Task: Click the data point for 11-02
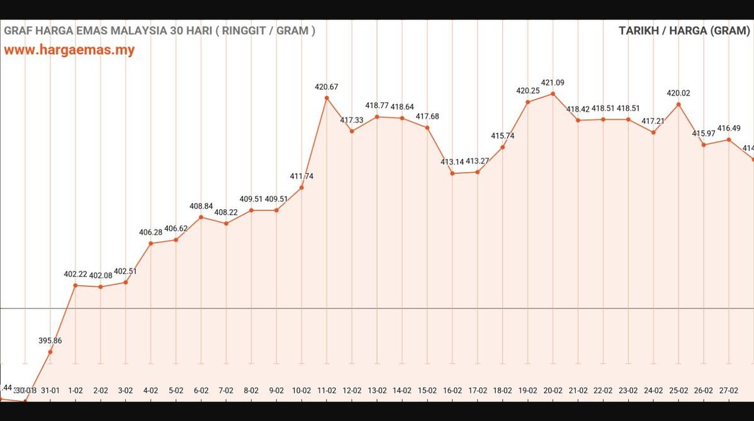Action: (x=327, y=97)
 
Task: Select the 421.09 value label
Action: (x=553, y=82)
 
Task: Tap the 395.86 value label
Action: (x=50, y=341)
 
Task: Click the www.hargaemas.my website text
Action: (x=69, y=50)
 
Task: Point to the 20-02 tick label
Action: (x=553, y=390)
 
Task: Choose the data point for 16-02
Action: (x=453, y=173)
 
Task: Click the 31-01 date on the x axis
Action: (x=50, y=390)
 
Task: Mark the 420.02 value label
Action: (x=678, y=93)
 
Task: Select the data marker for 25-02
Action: (x=678, y=104)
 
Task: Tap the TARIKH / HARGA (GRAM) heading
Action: (x=684, y=31)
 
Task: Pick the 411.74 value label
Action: (x=301, y=177)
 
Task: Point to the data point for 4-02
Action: (x=150, y=243)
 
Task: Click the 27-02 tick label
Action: (x=729, y=390)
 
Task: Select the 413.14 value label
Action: (x=452, y=161)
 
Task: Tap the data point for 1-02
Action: (x=76, y=285)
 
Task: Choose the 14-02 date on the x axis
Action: (x=402, y=390)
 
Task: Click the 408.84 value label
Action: (x=201, y=206)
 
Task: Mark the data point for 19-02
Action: (x=527, y=102)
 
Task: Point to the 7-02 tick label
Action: (x=226, y=390)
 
